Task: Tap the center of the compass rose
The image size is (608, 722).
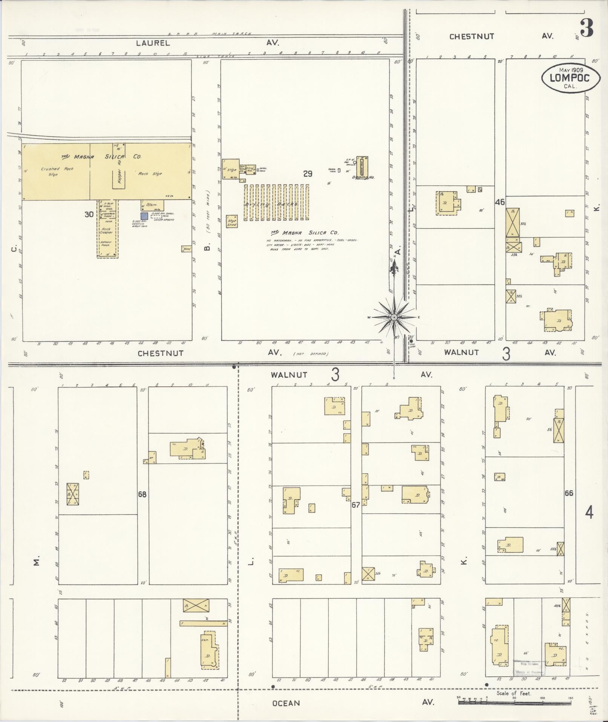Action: [x=394, y=317]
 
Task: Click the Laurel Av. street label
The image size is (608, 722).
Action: [x=153, y=43]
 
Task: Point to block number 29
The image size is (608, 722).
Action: [x=308, y=174]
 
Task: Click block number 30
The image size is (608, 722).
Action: [x=89, y=214]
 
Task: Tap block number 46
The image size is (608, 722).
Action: [x=500, y=202]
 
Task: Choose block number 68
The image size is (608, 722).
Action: [x=142, y=494]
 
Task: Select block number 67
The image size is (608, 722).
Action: [x=356, y=505]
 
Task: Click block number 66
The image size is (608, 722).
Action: [x=569, y=493]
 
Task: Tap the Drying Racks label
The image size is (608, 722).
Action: [x=276, y=204]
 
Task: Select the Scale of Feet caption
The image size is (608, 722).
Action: [x=514, y=693]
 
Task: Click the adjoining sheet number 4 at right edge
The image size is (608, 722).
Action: [x=589, y=513]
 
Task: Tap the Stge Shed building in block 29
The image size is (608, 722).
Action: [x=231, y=222]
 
